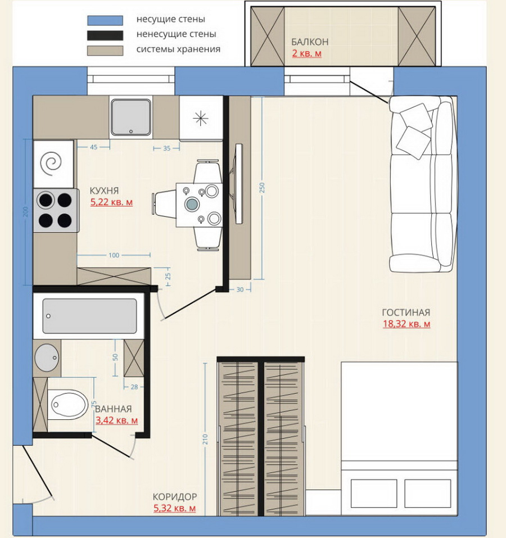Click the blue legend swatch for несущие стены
pyautogui.click(x=105, y=20)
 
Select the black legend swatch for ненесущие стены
pyautogui.click(x=105, y=35)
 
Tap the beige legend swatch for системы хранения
pyautogui.click(x=105, y=51)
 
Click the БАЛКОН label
pyautogui.click(x=310, y=42)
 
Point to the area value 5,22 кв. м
pyautogui.click(x=111, y=202)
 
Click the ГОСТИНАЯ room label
pyautogui.click(x=406, y=313)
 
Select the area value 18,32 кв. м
pyautogui.click(x=406, y=324)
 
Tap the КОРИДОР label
pyautogui.click(x=175, y=497)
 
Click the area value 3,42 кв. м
pyautogui.click(x=116, y=421)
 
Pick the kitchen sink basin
pyautogui.click(x=130, y=117)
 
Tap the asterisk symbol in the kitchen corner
pyautogui.click(x=201, y=119)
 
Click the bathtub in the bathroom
pyautogui.click(x=89, y=316)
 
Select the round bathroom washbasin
pyautogui.click(x=47, y=358)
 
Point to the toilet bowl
pyautogui.click(x=67, y=405)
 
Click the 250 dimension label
pyautogui.click(x=262, y=187)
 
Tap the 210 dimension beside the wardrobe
pyautogui.click(x=205, y=439)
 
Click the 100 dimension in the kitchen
pyautogui.click(x=114, y=255)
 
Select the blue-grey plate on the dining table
pyautogui.click(x=192, y=204)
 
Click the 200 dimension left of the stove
pyautogui.click(x=26, y=212)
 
